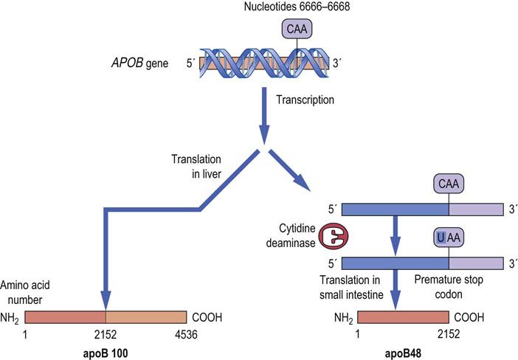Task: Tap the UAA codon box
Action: point(449,238)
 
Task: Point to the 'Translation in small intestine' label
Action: point(348,288)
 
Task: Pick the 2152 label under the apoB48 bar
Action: point(449,334)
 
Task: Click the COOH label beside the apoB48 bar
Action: point(472,318)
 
